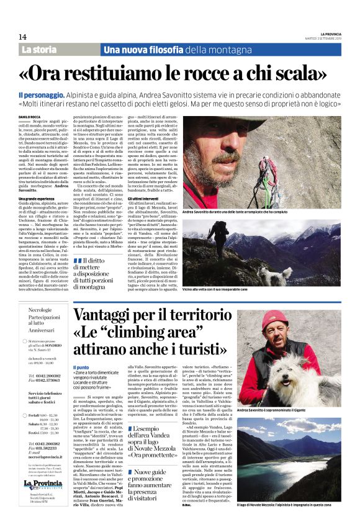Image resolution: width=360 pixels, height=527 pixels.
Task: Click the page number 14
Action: point(22,37)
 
